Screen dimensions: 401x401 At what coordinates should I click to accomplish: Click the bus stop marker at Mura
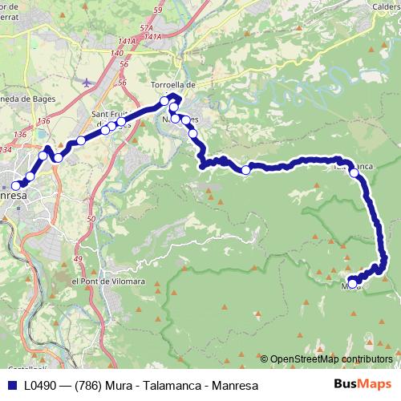pos(352,283)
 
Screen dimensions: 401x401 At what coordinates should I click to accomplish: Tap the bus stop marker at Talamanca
pos(354,172)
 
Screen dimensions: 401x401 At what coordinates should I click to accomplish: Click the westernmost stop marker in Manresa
pos(15,186)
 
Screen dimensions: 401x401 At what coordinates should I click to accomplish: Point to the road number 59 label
pos(156,9)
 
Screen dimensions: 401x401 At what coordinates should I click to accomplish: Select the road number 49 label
pos(78,259)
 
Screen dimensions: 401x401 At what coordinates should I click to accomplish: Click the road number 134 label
pos(6,149)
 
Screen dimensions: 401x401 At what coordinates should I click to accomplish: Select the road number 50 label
pos(91,218)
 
